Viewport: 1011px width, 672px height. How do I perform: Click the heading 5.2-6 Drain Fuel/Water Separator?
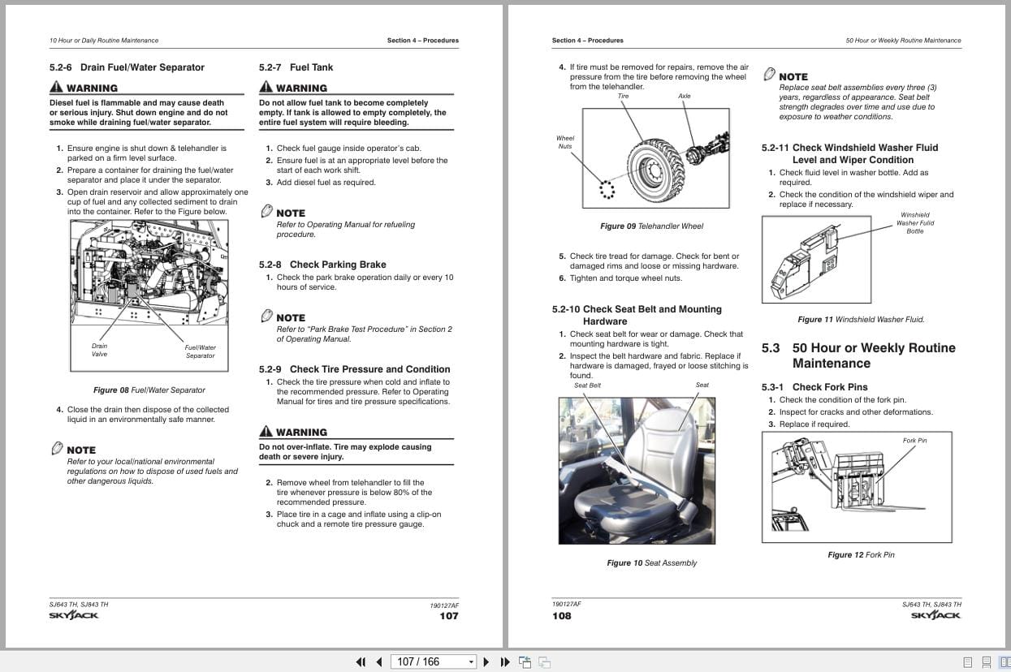pos(127,67)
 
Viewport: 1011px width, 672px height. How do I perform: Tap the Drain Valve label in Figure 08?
pos(99,350)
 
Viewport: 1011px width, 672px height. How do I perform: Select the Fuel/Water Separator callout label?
pos(200,351)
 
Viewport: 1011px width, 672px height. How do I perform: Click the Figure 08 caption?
pos(149,390)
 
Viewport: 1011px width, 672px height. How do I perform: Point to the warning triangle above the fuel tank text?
pos(266,87)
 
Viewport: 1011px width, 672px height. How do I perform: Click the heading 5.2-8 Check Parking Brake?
pos(322,265)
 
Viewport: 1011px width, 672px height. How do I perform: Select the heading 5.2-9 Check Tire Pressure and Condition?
pos(354,369)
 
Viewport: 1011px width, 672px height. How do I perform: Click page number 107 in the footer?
pos(448,616)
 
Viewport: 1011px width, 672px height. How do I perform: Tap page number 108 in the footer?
pos(561,616)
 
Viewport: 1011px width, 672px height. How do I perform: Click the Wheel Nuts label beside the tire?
pos(565,142)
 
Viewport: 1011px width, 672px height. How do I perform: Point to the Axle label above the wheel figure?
pos(685,97)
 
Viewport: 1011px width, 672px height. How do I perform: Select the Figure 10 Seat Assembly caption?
pos(651,563)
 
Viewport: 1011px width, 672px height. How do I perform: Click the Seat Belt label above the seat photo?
pos(587,386)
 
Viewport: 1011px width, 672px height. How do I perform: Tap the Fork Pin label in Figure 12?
pos(914,441)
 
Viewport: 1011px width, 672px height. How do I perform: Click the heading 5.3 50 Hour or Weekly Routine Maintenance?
pos(858,355)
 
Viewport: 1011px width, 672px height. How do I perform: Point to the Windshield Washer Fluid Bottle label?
pos(915,223)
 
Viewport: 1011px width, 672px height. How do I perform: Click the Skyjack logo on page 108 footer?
pos(935,616)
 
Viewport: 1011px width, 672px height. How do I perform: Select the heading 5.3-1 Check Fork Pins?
pos(814,387)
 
